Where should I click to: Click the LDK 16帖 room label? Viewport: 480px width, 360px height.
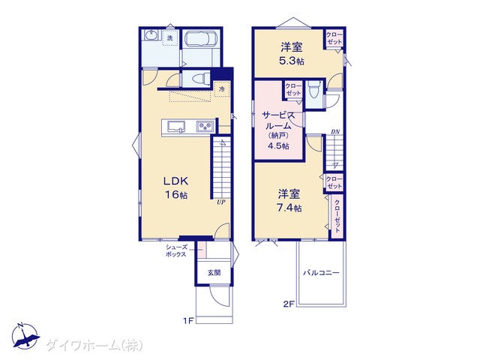175,187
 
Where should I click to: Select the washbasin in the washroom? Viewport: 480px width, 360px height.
151,35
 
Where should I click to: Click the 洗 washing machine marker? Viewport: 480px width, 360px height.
170,38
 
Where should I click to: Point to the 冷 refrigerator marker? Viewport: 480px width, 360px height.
222,89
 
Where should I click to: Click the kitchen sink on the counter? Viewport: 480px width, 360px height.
176,127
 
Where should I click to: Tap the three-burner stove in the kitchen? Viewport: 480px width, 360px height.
205,127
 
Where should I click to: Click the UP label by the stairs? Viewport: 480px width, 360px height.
221,202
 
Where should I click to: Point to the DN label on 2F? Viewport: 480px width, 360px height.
335,132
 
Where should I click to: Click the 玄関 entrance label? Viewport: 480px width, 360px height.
214,272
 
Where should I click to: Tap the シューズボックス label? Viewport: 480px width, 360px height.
176,250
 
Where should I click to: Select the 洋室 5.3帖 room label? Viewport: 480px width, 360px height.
292,54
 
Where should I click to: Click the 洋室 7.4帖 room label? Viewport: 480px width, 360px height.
289,201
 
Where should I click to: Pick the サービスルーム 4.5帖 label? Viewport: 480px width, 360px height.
278,130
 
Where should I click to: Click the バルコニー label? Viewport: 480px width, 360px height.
322,272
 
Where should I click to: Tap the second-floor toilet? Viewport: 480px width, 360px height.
313,90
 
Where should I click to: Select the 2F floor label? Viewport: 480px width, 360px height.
288,304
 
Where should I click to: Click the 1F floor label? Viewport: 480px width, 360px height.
188,321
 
